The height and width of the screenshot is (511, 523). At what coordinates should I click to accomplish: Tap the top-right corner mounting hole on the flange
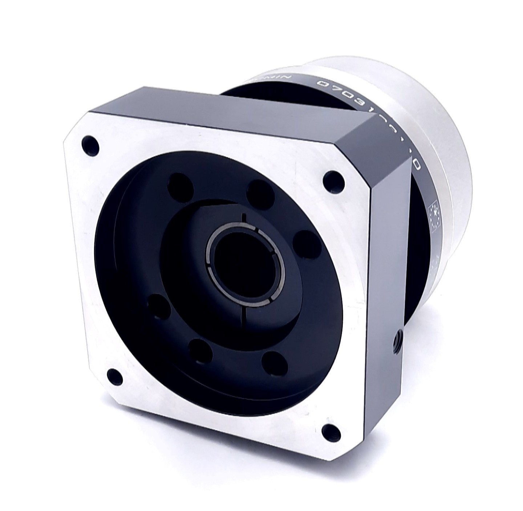[x=332, y=181]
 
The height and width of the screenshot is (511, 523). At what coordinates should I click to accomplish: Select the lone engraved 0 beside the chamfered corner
[x=417, y=165]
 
